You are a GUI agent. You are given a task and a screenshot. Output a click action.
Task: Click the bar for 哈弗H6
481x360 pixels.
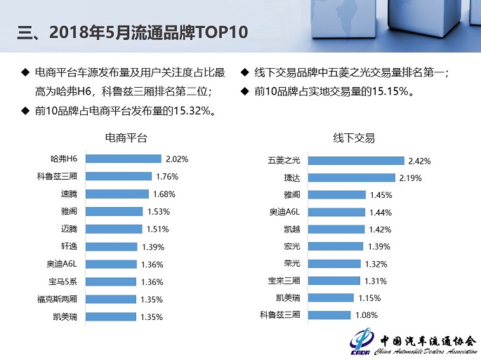(121, 159)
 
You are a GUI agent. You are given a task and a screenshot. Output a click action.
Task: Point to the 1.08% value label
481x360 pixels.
(368, 314)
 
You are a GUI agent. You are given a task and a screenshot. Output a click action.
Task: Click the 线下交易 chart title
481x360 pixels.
(354, 138)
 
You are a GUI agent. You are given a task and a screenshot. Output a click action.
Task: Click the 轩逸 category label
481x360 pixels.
(69, 246)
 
